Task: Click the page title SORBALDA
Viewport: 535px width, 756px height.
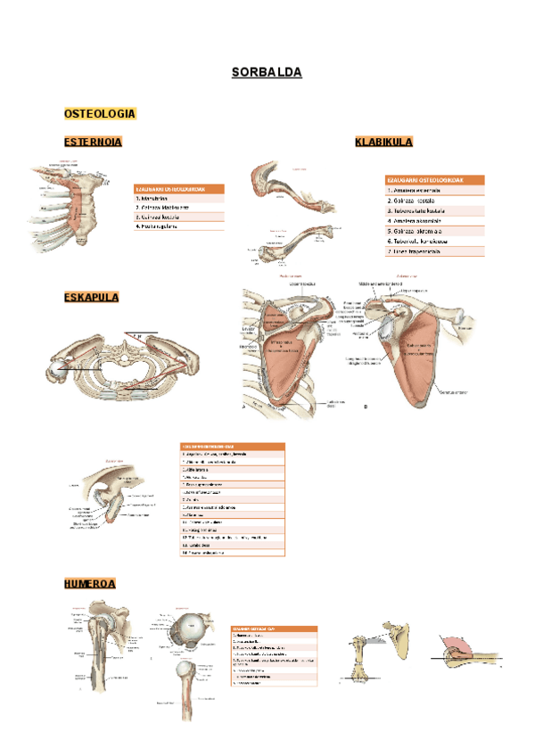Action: [x=267, y=73]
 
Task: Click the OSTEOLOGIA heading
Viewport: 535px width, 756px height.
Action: [x=100, y=114]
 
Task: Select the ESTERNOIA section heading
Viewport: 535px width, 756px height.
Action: [x=93, y=142]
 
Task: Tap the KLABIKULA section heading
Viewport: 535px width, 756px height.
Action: [x=383, y=142]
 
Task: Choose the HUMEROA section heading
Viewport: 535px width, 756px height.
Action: [x=89, y=585]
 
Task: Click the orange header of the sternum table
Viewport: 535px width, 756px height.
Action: [x=178, y=189]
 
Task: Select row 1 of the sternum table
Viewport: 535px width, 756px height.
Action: [x=178, y=198]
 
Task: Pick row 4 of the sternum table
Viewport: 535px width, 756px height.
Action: [x=178, y=226]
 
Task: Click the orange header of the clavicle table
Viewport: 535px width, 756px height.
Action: [x=434, y=180]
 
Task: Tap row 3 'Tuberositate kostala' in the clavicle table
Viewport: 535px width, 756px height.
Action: [x=434, y=210]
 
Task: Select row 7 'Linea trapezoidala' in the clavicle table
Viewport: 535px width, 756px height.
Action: [x=434, y=251]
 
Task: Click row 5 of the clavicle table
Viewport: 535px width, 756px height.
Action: [x=434, y=231]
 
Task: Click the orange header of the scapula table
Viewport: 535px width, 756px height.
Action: [x=232, y=446]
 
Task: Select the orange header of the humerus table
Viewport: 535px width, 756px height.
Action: [x=274, y=628]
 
